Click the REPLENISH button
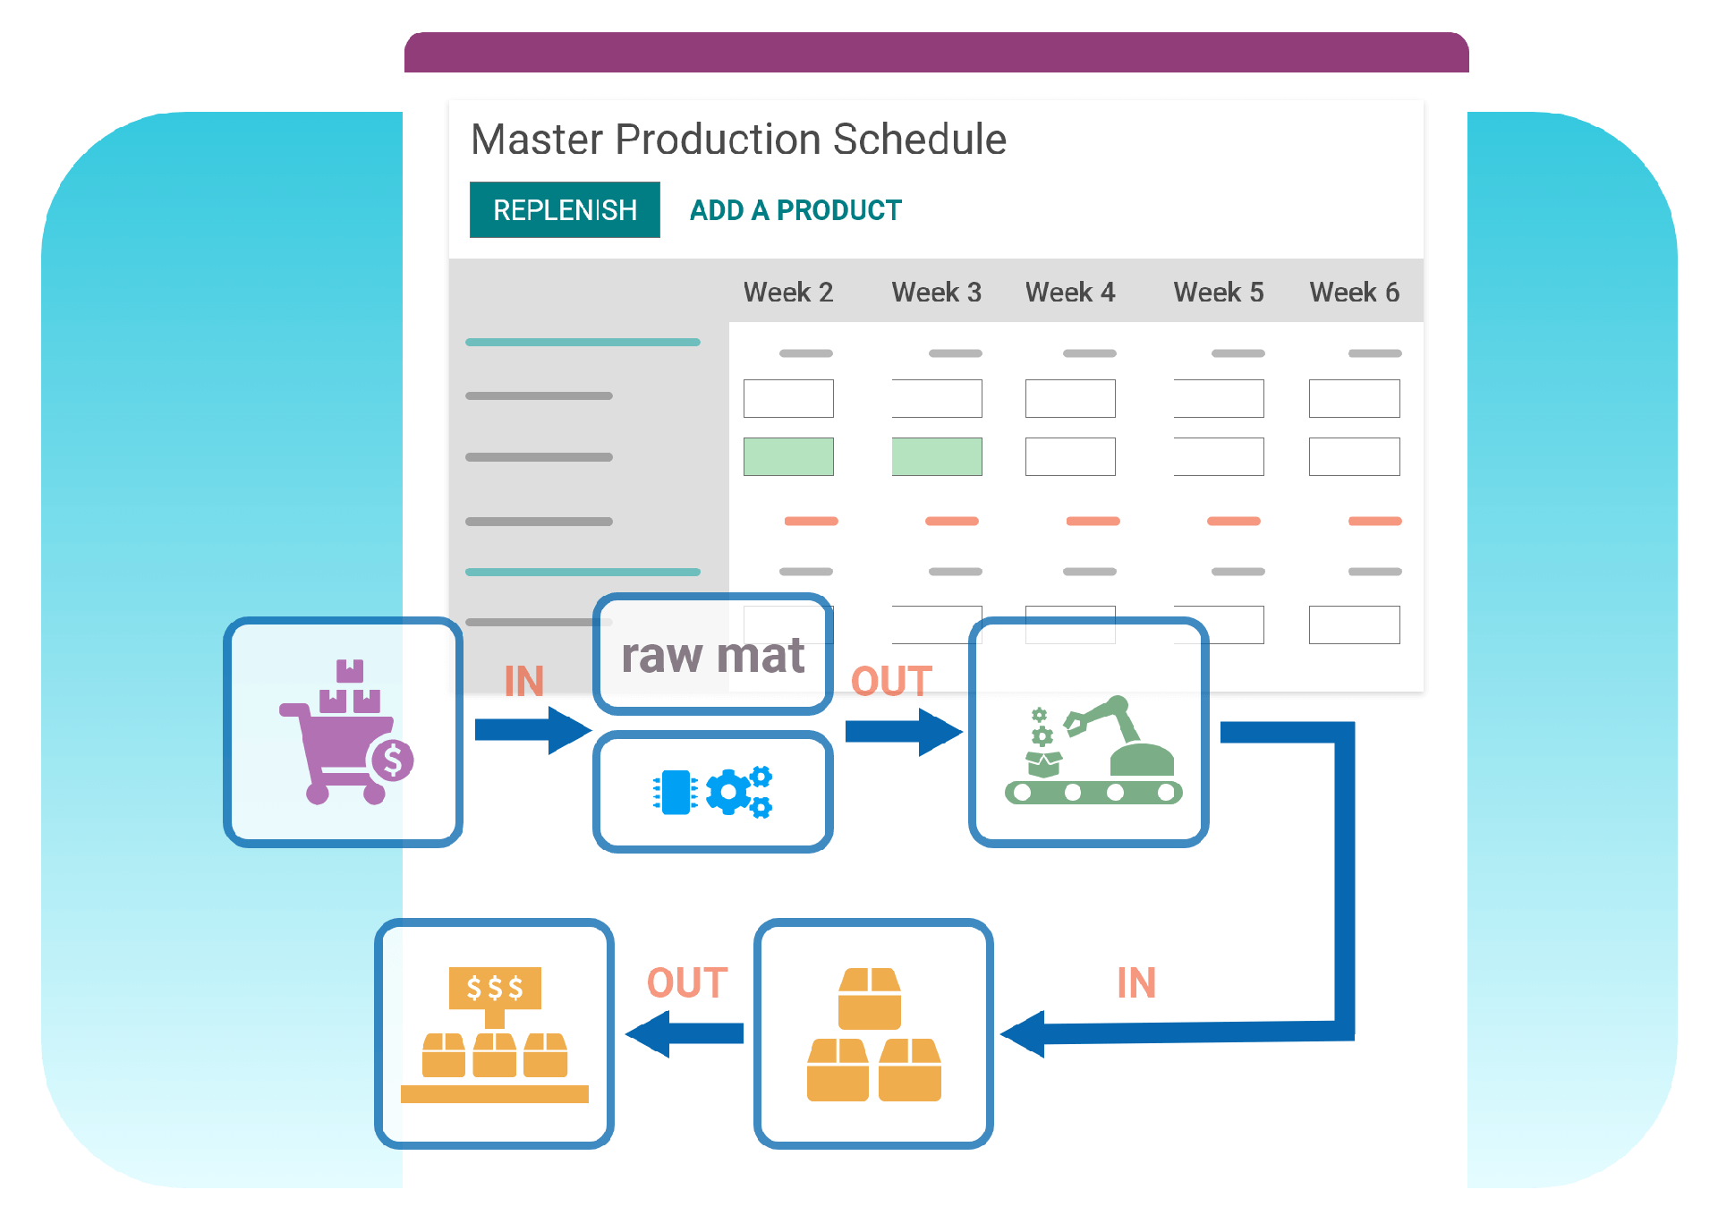click(x=565, y=210)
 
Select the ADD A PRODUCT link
click(x=795, y=210)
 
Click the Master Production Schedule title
click(x=738, y=140)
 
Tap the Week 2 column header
click(x=787, y=293)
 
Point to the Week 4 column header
click(x=1070, y=293)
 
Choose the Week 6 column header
click(x=1354, y=293)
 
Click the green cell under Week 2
click(x=788, y=456)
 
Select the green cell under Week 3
click(x=937, y=456)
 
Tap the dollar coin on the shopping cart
click(x=392, y=760)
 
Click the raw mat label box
click(x=713, y=654)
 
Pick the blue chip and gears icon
click(x=713, y=792)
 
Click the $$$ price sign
click(x=495, y=988)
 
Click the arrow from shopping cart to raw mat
click(x=532, y=730)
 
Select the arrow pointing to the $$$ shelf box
click(x=685, y=1033)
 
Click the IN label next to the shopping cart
click(x=523, y=682)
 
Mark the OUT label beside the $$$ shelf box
click(x=687, y=983)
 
